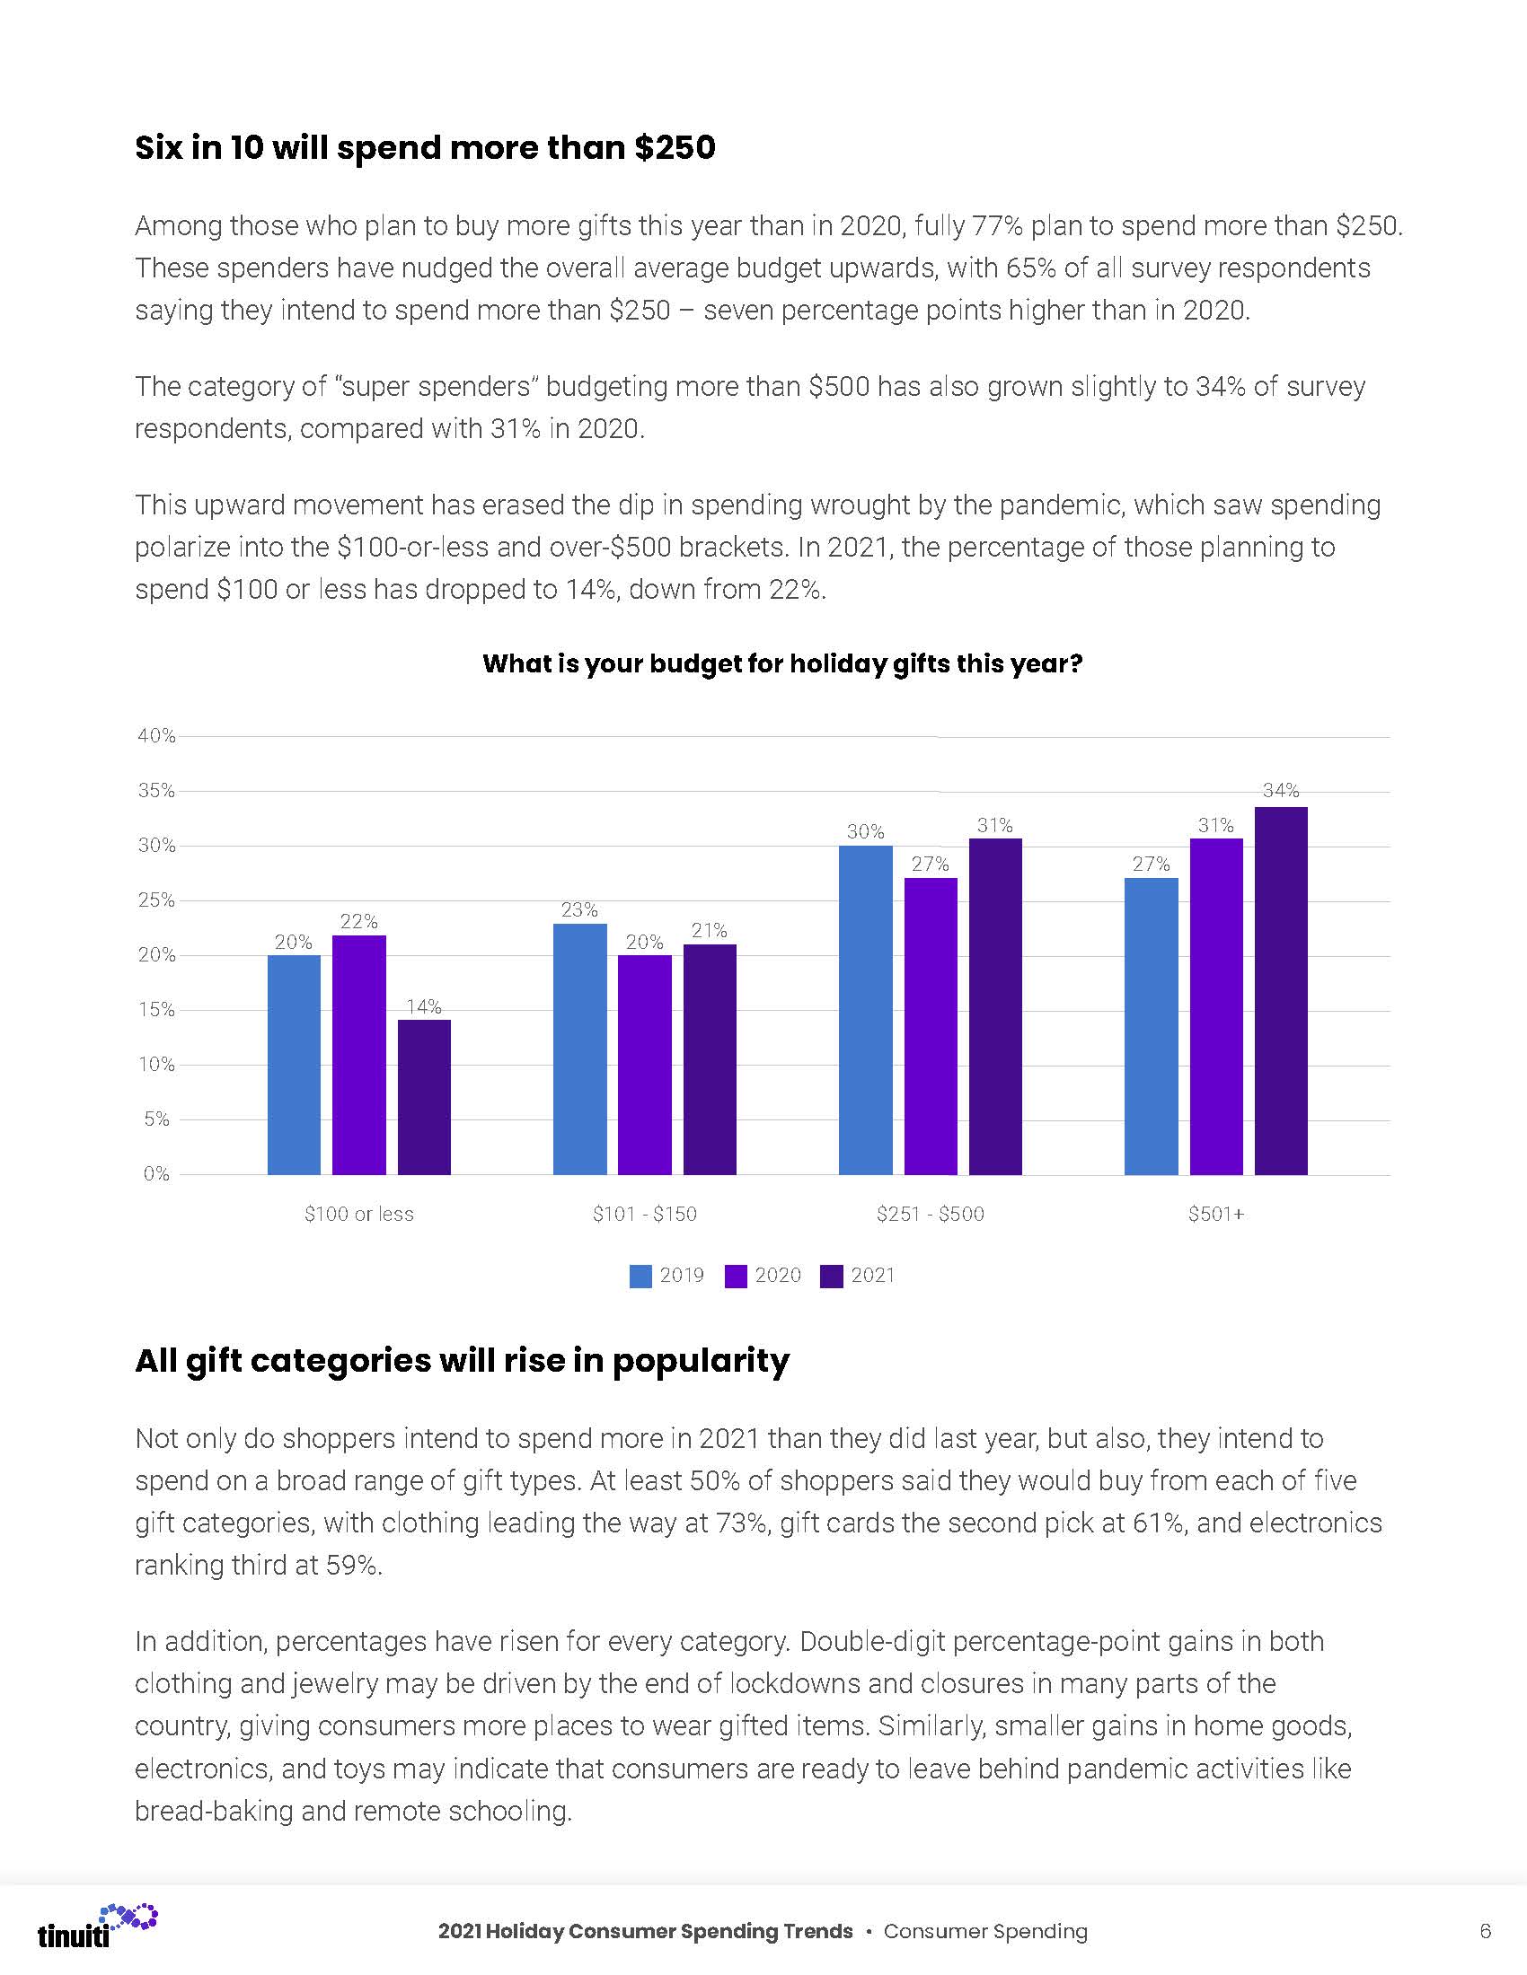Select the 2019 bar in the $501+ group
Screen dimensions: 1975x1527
pos(1151,1025)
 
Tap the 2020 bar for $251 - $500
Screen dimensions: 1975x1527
pos(930,1025)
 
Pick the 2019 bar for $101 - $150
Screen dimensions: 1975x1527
pos(580,1049)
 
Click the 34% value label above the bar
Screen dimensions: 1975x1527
pos(1281,790)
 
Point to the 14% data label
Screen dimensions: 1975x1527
pos(423,1006)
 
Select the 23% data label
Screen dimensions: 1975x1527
pos(579,909)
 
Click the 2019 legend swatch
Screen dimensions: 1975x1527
pos(640,1276)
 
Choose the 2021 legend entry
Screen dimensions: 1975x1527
pos(858,1275)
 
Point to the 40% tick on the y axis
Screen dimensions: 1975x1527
pos(156,736)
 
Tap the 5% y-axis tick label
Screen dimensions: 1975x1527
pos(155,1119)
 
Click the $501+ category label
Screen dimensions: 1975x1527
pos(1216,1214)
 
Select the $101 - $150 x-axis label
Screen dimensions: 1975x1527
pos(645,1214)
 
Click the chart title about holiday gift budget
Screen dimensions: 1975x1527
pos(782,663)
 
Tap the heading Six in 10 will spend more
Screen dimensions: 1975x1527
pos(425,147)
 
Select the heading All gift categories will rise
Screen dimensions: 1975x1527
pos(463,1360)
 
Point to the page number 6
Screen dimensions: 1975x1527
pos(1485,1931)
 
